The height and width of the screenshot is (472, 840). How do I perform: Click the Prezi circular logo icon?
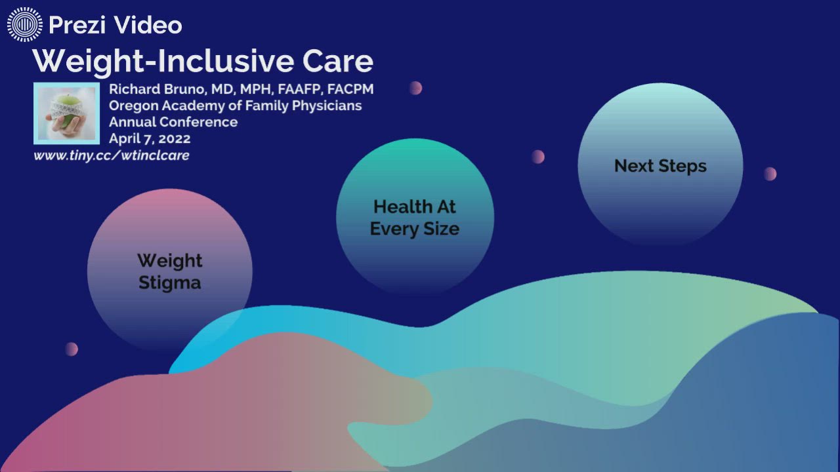[x=24, y=25]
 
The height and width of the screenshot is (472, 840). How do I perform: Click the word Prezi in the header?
[x=77, y=25]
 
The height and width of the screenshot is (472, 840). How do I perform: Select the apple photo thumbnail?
[x=66, y=113]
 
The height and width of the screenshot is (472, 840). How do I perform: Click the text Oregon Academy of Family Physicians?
[x=235, y=106]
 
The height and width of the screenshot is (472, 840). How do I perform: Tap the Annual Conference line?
[x=173, y=122]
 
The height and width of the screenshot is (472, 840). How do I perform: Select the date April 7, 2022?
[x=150, y=138]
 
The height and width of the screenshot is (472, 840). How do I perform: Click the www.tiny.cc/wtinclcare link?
[x=112, y=155]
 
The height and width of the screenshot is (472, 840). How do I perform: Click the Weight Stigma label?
[x=169, y=271]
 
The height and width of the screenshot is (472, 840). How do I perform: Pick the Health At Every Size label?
[x=414, y=217]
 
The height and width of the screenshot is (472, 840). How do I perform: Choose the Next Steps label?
[x=660, y=166]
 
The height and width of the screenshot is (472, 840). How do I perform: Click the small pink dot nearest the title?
[x=415, y=88]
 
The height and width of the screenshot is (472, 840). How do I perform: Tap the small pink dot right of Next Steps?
[x=770, y=174]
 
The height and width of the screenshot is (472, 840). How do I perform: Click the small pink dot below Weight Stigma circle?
[x=72, y=349]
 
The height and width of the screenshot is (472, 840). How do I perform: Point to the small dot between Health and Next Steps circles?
[x=538, y=157]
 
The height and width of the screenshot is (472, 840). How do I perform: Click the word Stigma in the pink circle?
[x=169, y=283]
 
